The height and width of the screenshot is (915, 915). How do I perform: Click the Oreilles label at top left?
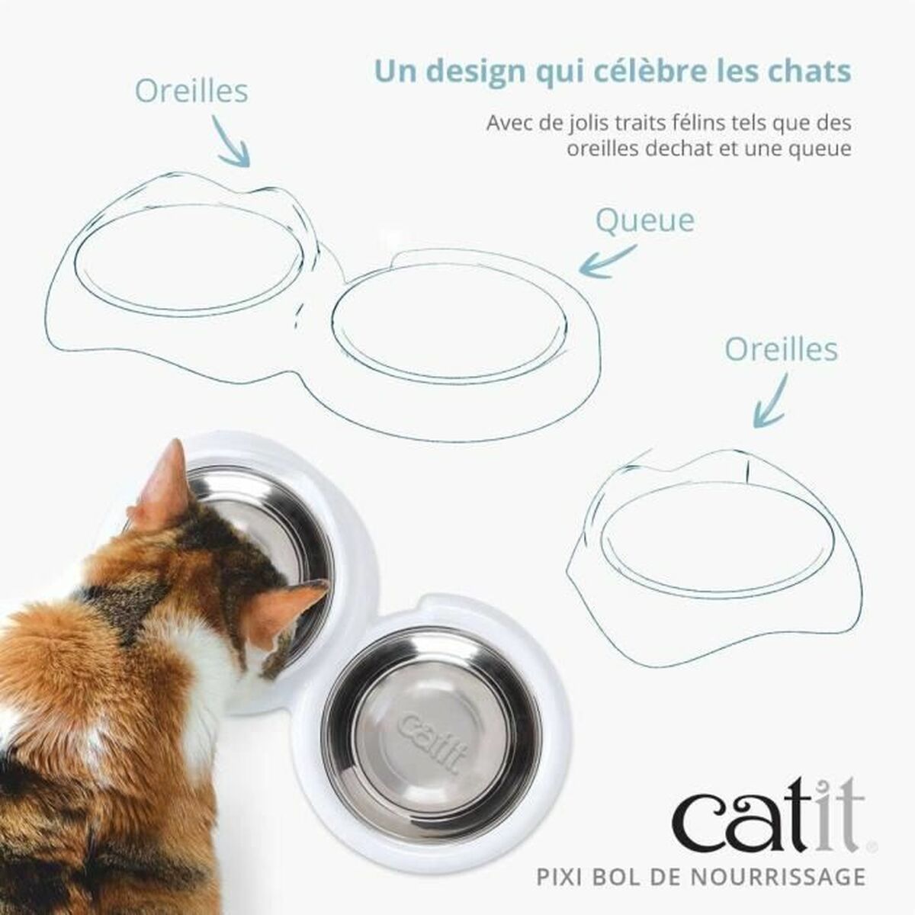tap(191, 91)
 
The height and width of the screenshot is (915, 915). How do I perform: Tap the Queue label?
tap(644, 220)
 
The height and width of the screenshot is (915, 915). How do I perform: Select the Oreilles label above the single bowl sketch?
tap(781, 350)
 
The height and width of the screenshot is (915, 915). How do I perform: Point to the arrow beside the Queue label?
tap(607, 260)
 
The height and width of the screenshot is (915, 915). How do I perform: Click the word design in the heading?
tap(474, 72)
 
